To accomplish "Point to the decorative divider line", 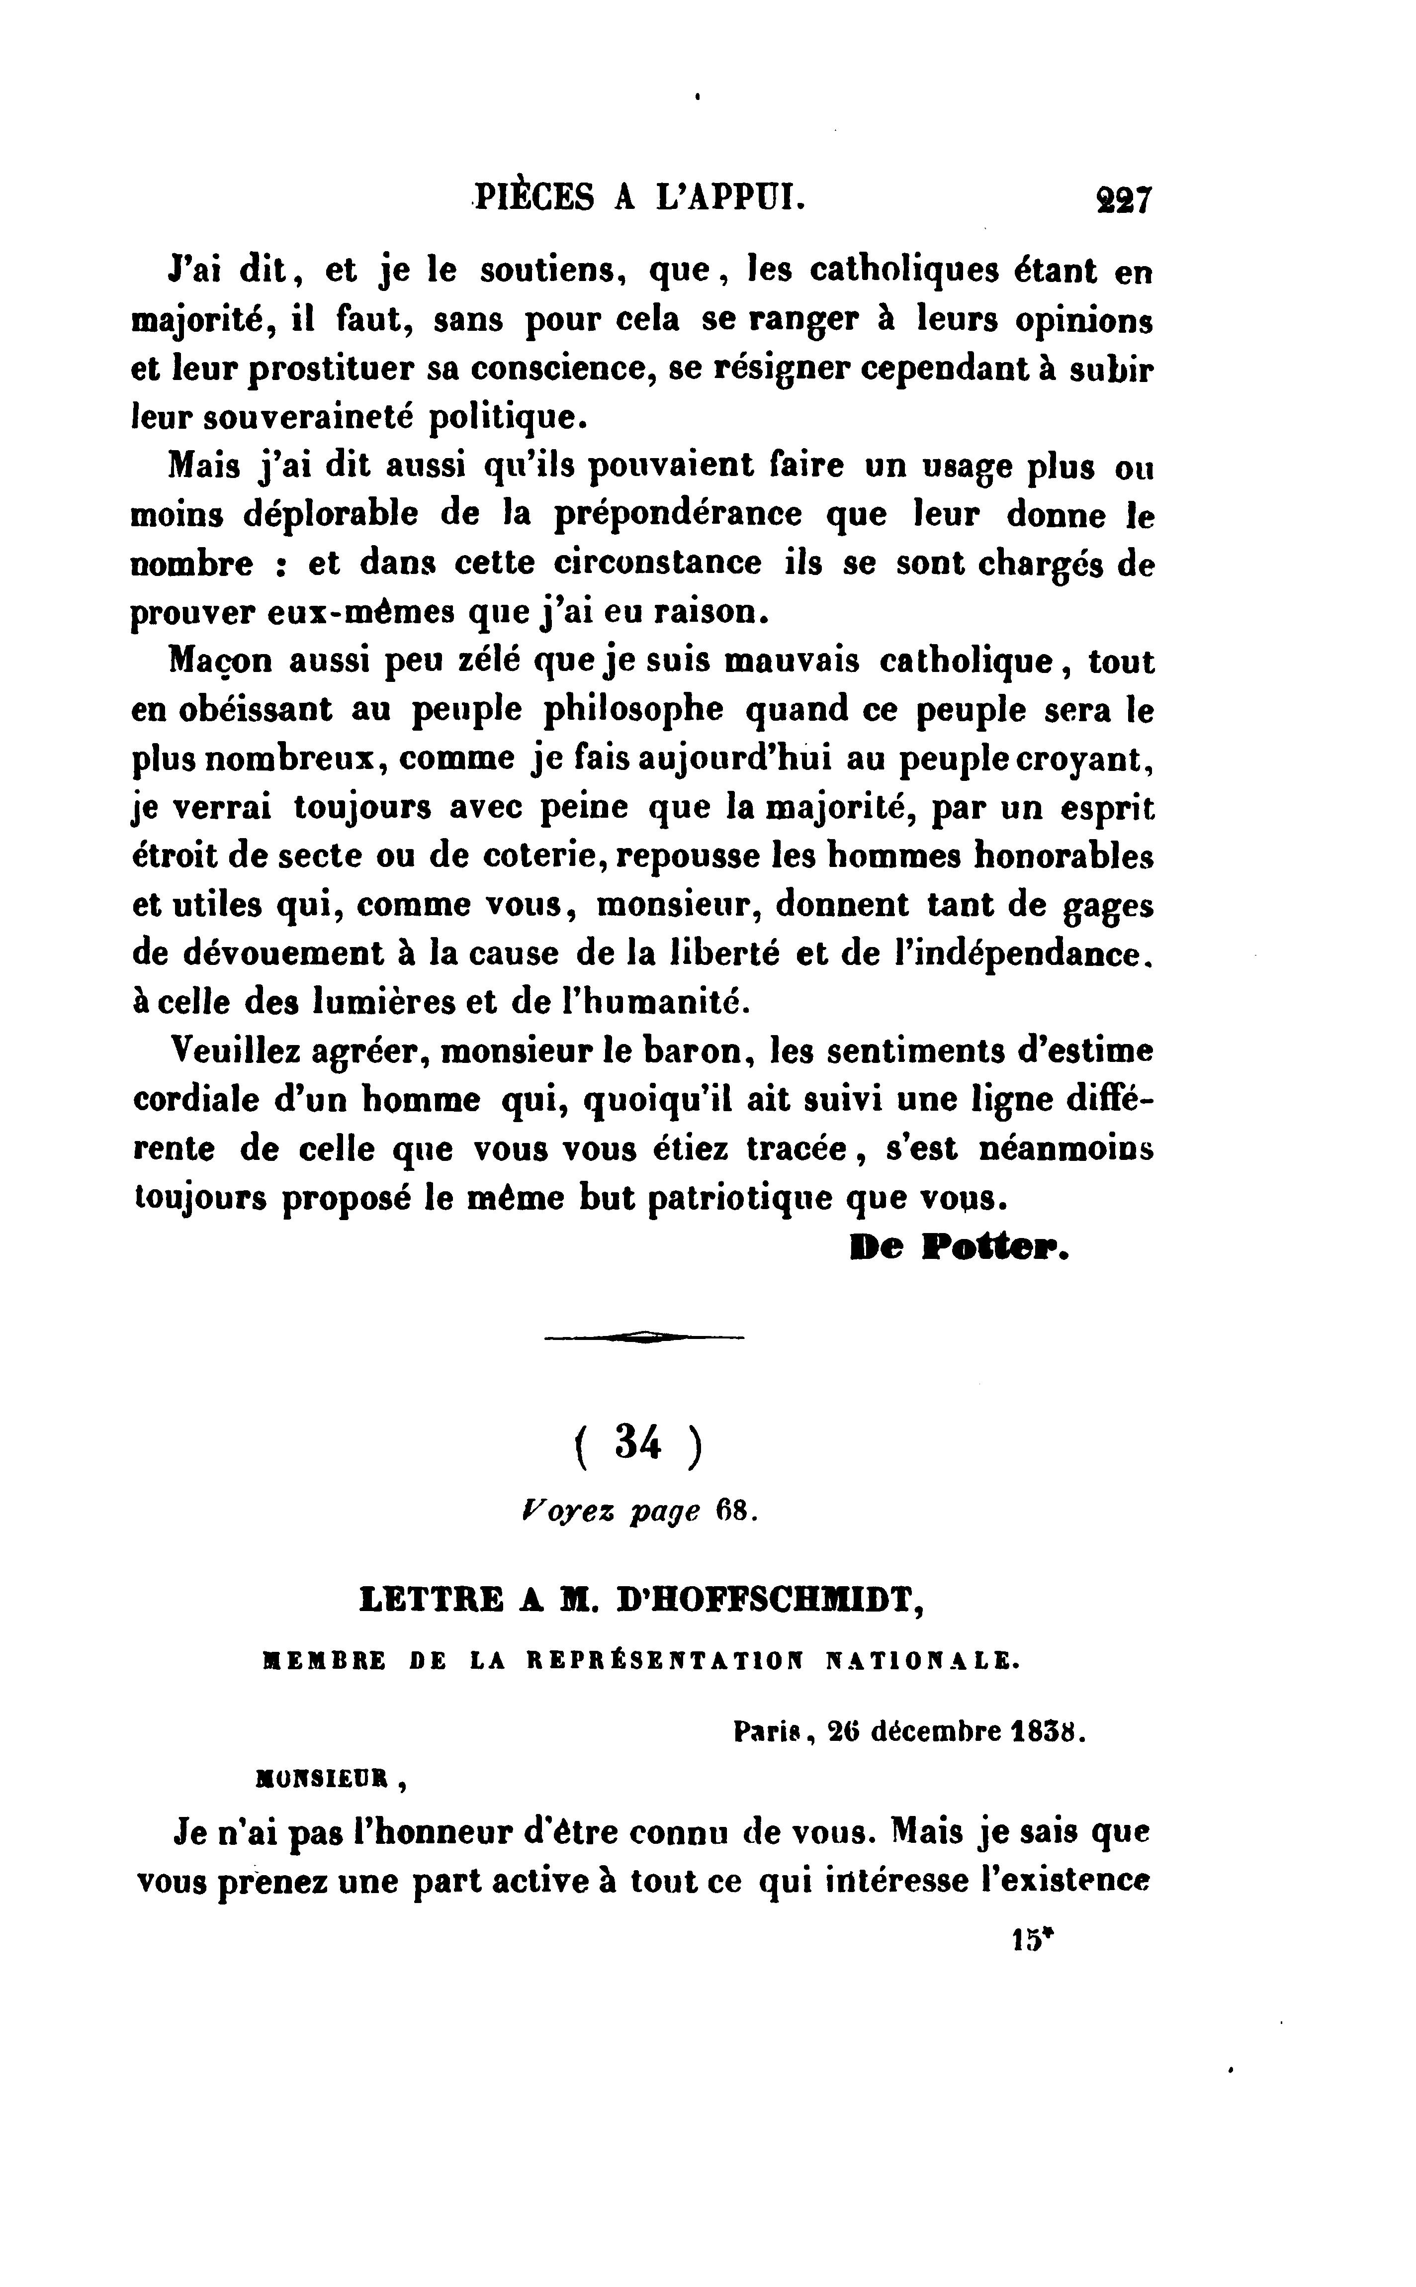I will (x=644, y=1338).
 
